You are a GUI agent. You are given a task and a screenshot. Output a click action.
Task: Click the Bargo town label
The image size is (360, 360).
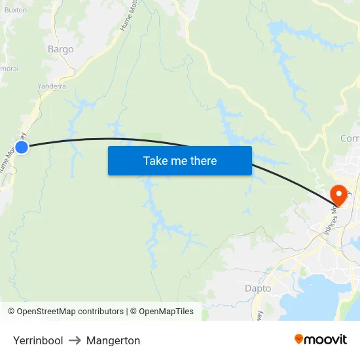click(x=61, y=49)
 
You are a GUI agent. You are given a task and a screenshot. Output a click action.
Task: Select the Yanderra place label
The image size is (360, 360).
click(x=52, y=86)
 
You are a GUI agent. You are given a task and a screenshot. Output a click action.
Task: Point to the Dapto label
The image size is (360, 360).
click(x=257, y=288)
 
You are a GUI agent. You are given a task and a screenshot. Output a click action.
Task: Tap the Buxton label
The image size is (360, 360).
click(x=16, y=10)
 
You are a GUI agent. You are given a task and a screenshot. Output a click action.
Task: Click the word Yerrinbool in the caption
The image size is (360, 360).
click(x=38, y=340)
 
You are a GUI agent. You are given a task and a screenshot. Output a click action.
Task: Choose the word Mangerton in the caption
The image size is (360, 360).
click(x=113, y=340)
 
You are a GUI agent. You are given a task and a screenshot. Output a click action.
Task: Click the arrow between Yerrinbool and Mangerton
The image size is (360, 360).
click(x=75, y=340)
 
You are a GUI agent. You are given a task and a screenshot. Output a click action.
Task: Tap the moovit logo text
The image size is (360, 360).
click(x=325, y=339)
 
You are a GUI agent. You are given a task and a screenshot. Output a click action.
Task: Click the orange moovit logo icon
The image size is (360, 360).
click(x=299, y=339)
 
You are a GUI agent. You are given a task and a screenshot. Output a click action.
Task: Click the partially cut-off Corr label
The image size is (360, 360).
click(x=350, y=138)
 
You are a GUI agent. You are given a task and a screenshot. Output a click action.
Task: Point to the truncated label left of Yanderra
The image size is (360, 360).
click(x=9, y=68)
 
